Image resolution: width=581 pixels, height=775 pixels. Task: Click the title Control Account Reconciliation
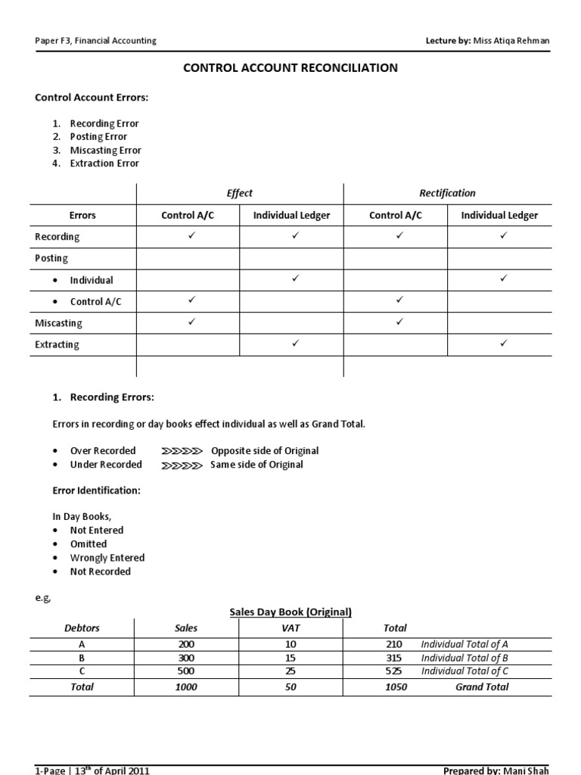click(290, 68)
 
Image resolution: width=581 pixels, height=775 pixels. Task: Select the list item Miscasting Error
click(105, 150)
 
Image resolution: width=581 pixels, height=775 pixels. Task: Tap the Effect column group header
click(240, 193)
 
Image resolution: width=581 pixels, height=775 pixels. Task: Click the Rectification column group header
click(448, 193)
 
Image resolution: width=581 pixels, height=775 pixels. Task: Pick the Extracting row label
click(57, 344)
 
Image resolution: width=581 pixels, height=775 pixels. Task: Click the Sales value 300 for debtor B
click(185, 658)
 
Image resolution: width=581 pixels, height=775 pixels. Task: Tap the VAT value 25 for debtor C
click(291, 671)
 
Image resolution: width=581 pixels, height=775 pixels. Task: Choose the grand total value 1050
click(395, 687)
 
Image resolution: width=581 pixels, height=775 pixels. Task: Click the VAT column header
click(291, 628)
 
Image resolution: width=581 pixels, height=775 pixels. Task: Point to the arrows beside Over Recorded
click(182, 451)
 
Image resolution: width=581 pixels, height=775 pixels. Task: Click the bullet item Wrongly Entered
click(107, 558)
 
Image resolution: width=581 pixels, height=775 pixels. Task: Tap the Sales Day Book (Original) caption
click(290, 612)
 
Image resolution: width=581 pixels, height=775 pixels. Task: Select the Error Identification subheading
click(96, 490)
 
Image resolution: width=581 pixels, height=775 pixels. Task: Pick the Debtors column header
click(82, 628)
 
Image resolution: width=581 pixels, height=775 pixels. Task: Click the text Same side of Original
click(257, 465)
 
